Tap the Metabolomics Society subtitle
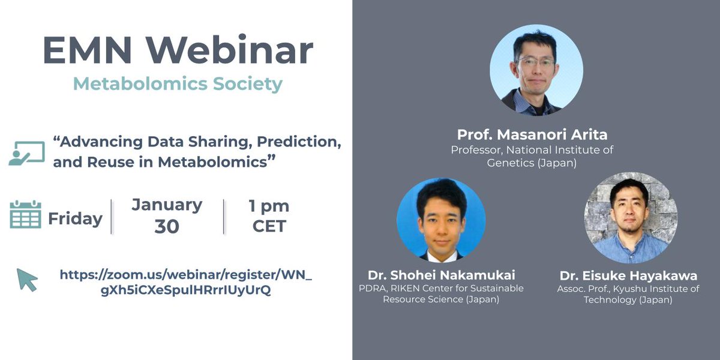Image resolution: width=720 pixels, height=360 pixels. (178, 83)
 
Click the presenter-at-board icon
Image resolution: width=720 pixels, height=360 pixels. (27, 153)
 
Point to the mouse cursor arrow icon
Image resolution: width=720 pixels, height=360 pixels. (27, 280)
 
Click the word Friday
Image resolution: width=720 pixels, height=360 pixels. (75, 219)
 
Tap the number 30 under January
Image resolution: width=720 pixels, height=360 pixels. (167, 227)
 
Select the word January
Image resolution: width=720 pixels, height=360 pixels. (167, 205)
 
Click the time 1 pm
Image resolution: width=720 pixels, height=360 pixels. (269, 206)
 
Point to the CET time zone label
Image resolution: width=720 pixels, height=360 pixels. (269, 227)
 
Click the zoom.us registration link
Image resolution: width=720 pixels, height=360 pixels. (186, 283)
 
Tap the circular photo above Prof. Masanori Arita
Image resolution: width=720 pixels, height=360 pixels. (536, 70)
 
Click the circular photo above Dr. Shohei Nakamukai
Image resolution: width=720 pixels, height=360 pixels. (441, 222)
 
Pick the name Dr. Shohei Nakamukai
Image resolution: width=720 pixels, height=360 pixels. (441, 275)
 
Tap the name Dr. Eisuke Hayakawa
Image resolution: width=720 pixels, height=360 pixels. (628, 275)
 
